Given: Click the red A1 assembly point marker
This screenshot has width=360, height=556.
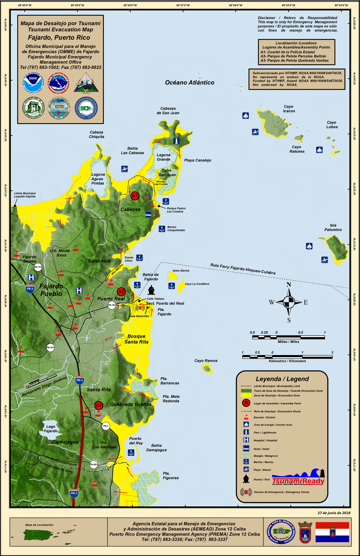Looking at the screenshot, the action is [x=135, y=196].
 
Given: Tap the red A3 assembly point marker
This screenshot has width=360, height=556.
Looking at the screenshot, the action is [x=98, y=405].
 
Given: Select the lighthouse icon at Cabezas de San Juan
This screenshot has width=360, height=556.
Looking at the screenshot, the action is [x=176, y=141].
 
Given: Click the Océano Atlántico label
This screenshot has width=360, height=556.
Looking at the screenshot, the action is [x=190, y=82].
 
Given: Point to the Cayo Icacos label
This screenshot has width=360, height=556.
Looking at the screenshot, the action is [x=289, y=109].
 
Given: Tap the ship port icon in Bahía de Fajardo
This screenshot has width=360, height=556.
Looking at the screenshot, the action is [x=151, y=290].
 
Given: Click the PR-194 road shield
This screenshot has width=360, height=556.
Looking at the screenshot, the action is [x=38, y=267].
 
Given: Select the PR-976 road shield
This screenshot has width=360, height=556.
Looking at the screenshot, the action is [x=51, y=347].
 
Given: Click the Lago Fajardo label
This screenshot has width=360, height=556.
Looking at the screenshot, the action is [x=51, y=429].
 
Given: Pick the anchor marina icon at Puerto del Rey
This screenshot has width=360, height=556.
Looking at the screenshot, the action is [x=131, y=453].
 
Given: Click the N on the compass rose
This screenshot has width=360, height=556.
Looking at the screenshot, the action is [x=289, y=285].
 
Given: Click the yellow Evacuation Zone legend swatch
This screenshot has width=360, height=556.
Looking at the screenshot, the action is [x=246, y=395].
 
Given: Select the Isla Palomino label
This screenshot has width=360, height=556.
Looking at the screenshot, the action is [x=333, y=227].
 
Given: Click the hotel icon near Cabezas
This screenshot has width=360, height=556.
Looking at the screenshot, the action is [x=148, y=215].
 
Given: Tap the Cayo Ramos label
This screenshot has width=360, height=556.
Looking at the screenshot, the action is [x=206, y=361].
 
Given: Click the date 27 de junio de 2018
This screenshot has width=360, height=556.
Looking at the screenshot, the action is [x=334, y=513].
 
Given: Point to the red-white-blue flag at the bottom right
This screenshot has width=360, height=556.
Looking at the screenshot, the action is [x=332, y=532].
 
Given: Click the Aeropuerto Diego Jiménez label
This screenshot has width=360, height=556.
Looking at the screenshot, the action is [x=44, y=386].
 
